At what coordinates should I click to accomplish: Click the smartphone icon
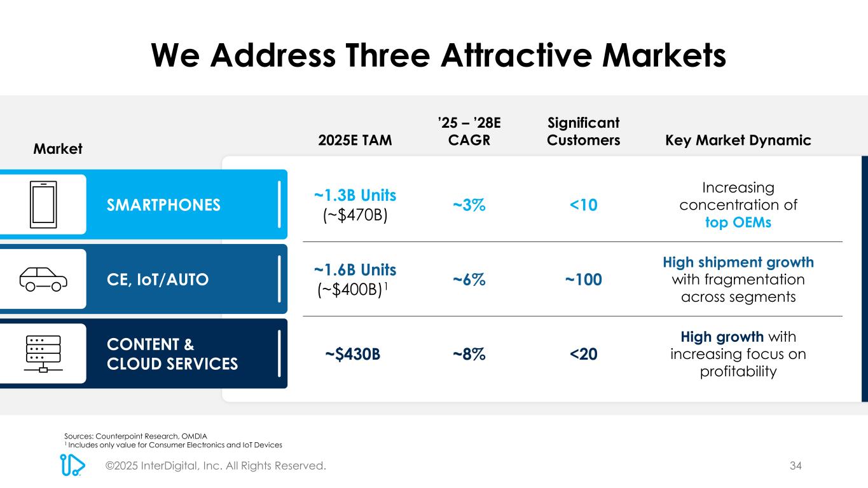point(43,204)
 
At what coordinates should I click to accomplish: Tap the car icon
point(43,278)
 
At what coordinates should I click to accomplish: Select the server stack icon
point(43,353)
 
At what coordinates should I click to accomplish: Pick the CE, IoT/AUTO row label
point(158,279)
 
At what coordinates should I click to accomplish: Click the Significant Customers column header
point(583,131)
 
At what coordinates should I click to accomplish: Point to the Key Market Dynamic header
point(738,140)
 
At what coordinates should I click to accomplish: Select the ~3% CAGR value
point(469,205)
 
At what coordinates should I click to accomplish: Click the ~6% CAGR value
point(469,279)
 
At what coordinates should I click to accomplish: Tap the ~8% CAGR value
point(469,354)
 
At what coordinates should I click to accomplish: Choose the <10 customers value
point(583,205)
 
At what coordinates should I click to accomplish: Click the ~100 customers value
point(583,279)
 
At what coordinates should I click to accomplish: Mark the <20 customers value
point(583,354)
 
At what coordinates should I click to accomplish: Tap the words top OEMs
point(738,223)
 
